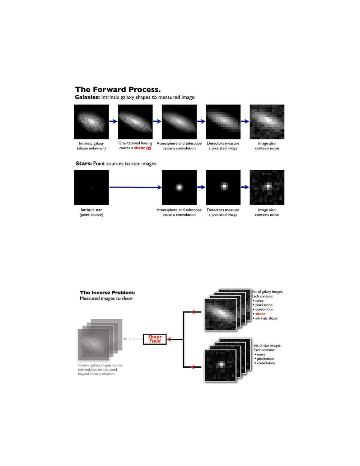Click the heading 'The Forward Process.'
pyautogui.click(x=118, y=89)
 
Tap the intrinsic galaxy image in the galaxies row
pyautogui.click(x=91, y=122)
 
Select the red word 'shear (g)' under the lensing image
pyautogui.click(x=143, y=148)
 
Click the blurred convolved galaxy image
pyautogui.click(x=179, y=122)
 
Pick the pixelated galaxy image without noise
pyautogui.click(x=223, y=122)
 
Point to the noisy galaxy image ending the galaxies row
pyautogui.click(x=267, y=122)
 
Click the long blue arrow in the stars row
pyautogui.click(x=135, y=187)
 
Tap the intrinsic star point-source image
pyautogui.click(x=91, y=187)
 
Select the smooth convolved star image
pyautogui.click(x=179, y=187)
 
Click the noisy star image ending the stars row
pyautogui.click(x=267, y=187)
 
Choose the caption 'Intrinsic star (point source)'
pyautogui.click(x=91, y=212)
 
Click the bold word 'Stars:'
pyautogui.click(x=84, y=163)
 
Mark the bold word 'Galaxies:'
pyautogui.click(x=87, y=97)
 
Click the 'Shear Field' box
pyautogui.click(x=155, y=339)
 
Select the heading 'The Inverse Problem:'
pyautogui.click(x=107, y=293)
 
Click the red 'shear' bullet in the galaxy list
pyautogui.click(x=260, y=314)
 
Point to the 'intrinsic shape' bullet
pyautogui.click(x=266, y=318)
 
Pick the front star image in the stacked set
pyautogui.click(x=220, y=365)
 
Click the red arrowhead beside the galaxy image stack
pyautogui.click(x=193, y=312)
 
